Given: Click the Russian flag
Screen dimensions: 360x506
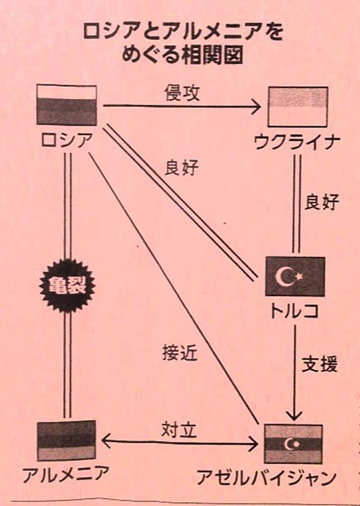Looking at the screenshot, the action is (66, 104).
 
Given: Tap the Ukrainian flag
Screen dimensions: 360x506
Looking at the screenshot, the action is (298, 107).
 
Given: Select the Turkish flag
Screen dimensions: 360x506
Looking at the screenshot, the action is (295, 276).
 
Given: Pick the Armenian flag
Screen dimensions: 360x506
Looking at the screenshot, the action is (66, 440).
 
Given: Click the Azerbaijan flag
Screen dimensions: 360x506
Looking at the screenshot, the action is (293, 444).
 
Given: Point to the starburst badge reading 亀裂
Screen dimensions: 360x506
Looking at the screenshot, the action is (67, 286).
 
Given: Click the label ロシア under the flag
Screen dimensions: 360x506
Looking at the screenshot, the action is (66, 140).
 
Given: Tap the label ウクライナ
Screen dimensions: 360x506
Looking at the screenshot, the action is (297, 142).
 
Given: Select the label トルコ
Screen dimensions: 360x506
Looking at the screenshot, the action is (294, 311).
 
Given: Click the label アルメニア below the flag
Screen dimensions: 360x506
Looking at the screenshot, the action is (66, 473).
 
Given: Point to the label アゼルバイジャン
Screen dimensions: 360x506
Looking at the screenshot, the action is (267, 478).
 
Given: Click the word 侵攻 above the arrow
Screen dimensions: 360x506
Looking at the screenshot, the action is (182, 93).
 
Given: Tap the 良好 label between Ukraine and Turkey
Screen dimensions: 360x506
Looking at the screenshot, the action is (321, 202).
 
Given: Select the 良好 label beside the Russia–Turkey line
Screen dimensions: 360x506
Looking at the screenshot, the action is (181, 168).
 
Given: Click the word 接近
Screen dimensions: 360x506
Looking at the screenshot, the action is (179, 352).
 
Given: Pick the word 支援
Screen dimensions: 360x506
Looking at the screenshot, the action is (319, 364).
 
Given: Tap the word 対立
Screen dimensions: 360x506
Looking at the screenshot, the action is (179, 429).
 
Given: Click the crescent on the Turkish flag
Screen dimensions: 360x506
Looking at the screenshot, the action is (283, 276).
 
